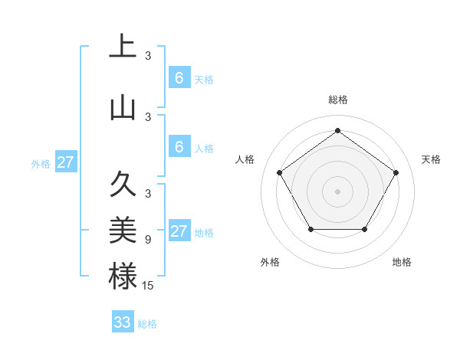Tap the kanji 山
tap(123, 107)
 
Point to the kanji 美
tap(123, 231)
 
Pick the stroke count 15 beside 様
tap(148, 286)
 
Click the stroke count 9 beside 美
tap(147, 240)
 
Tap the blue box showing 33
tap(123, 322)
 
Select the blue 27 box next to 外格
tap(65, 162)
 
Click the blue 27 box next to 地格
tap(179, 231)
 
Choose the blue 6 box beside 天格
tap(179, 78)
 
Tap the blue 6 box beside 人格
tap(179, 147)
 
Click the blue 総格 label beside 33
tap(147, 324)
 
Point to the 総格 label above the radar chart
tap(337, 100)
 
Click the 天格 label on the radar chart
tap(431, 159)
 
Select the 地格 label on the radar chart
tap(402, 262)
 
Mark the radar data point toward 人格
tap(280, 172)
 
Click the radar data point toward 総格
tap(337, 131)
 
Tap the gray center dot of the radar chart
tap(337, 191)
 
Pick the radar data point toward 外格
tap(310, 229)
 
